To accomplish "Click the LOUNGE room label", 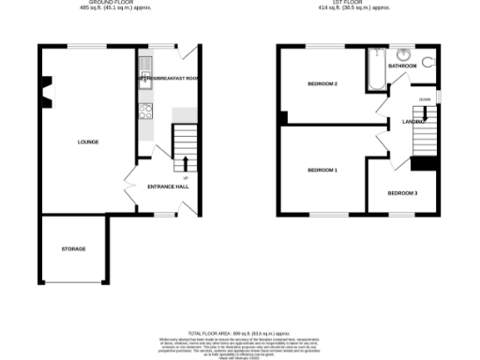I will click(x=88, y=142).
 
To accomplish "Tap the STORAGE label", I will click(x=73, y=248).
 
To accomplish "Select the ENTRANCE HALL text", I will click(x=169, y=187).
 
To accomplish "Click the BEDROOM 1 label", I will click(x=322, y=170).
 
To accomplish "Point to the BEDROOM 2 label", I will click(x=322, y=84).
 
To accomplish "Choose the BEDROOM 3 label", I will click(x=402, y=193).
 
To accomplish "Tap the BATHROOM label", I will click(x=403, y=67).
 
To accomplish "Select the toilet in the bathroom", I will click(x=429, y=63).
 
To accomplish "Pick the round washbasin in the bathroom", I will click(x=404, y=52).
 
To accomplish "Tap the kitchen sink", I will click(x=145, y=66).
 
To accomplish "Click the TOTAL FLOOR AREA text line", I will click(x=240, y=333).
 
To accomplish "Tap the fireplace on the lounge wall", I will click(x=43, y=90).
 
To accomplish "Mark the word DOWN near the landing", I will click(x=425, y=97).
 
